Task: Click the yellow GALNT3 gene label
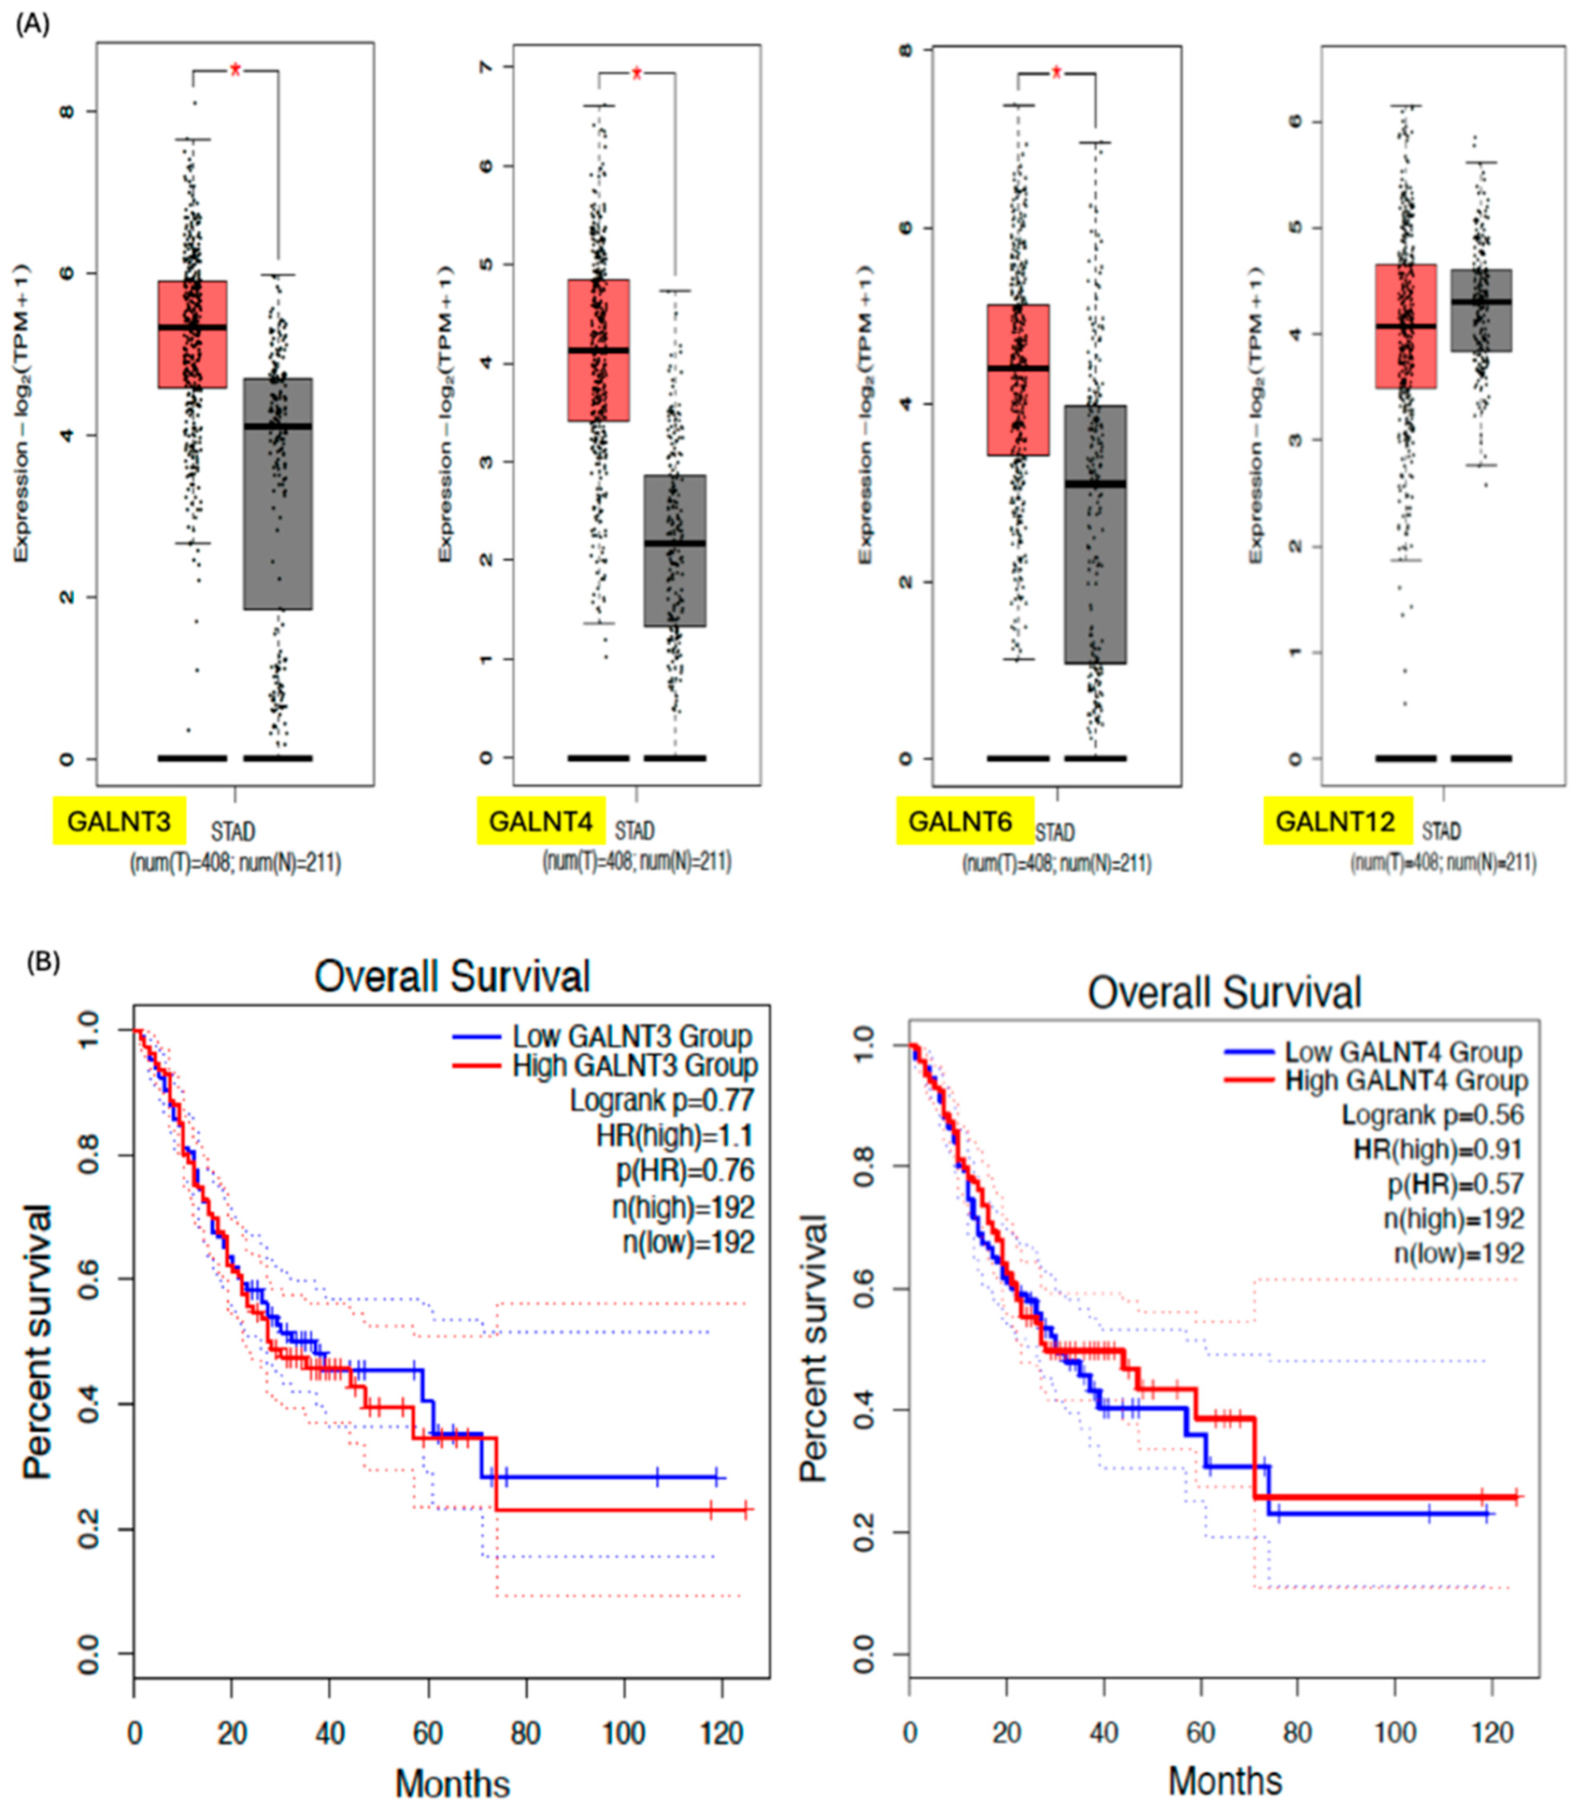point(119,820)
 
